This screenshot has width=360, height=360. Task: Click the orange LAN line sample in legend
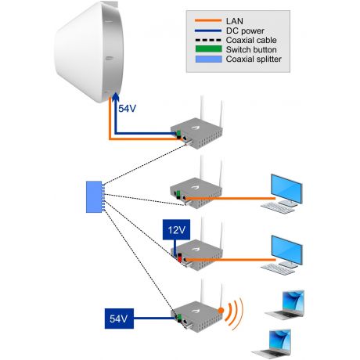point(208,20)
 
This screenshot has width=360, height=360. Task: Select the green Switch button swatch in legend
point(209,49)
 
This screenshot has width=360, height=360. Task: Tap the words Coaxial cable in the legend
point(251,40)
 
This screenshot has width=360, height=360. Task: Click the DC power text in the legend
point(245,31)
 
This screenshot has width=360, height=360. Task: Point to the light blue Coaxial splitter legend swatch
point(209,59)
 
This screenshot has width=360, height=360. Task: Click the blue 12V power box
point(176,229)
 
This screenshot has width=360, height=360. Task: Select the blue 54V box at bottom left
point(119,319)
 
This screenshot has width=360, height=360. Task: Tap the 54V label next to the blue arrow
point(127,109)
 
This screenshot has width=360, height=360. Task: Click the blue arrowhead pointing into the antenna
point(115,97)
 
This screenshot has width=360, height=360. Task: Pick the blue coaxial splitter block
point(94,196)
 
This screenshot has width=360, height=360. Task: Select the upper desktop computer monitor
point(286,189)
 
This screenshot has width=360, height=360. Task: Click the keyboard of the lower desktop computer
point(278,269)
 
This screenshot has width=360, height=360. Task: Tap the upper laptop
point(286,304)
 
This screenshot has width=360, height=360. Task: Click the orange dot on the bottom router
point(221,311)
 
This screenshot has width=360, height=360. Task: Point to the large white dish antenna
point(88,52)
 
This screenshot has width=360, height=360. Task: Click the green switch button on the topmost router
point(178,134)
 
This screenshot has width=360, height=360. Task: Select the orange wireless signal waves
point(235,311)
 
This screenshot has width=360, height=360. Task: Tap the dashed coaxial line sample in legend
point(208,40)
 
